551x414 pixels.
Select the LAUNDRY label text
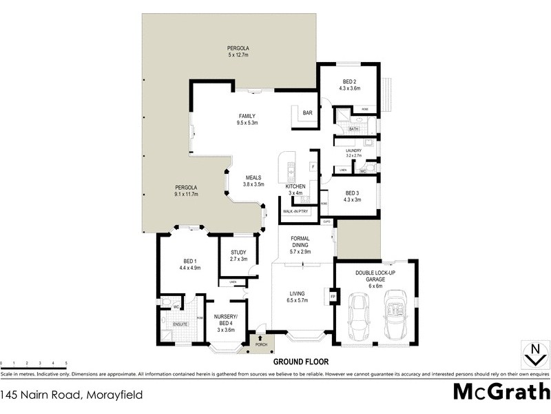pos(354,150)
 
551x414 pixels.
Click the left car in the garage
pos(358,317)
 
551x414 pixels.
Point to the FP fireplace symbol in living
pos(333,297)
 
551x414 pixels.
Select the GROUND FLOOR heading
pos(301,362)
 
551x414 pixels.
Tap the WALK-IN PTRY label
pos(296,212)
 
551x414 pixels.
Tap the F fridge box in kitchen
pos(312,166)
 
